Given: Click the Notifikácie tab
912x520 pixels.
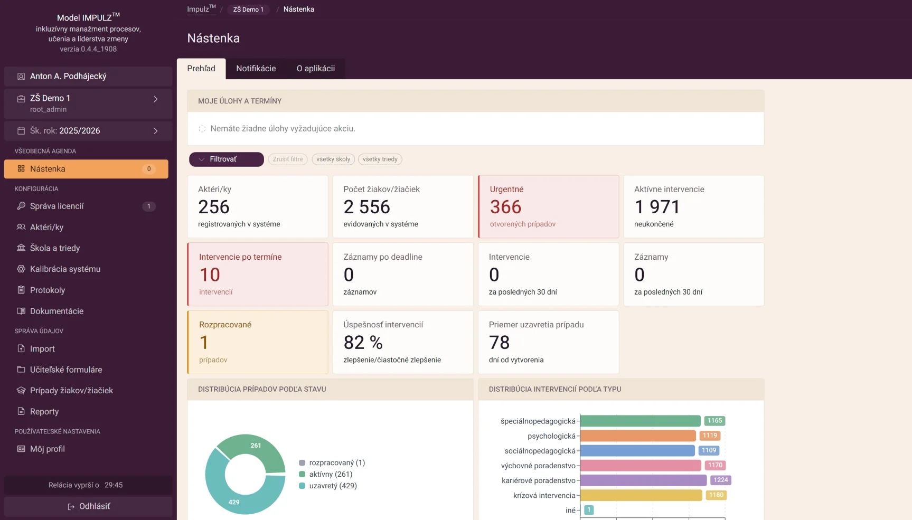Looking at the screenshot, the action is tap(256, 69).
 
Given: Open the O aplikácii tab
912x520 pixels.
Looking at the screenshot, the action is tap(316, 69).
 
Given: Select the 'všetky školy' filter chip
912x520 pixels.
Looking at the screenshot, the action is tap(333, 159).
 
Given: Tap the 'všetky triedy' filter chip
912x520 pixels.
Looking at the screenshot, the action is tap(380, 159).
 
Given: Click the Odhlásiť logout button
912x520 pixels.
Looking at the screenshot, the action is tap(88, 506).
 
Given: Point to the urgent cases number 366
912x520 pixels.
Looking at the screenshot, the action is tap(505, 207).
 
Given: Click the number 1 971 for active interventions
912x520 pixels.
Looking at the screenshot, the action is tap(657, 207).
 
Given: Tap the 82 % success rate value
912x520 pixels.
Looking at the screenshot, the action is tap(363, 343).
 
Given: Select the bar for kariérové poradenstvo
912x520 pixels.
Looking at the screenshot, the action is tap(643, 480).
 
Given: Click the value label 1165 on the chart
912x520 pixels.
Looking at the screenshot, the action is tap(714, 421).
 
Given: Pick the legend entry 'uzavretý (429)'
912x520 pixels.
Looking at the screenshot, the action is tap(328, 486).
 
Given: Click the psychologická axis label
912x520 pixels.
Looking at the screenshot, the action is tap(551, 436).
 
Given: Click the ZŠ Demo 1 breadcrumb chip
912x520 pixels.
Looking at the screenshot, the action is tap(248, 10).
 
